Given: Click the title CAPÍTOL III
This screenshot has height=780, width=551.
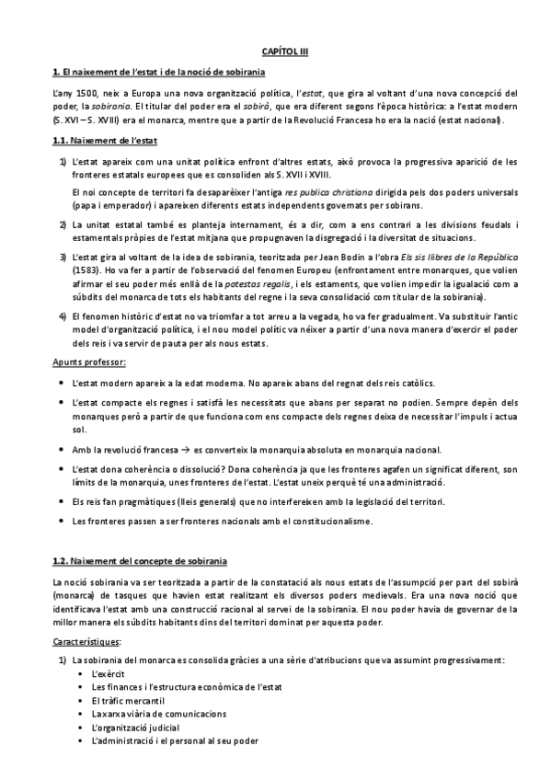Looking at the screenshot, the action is (x=275, y=53).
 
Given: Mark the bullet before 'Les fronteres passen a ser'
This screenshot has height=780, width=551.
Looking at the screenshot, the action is (x=61, y=521).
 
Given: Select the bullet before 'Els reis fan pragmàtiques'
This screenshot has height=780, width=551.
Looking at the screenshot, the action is (x=61, y=501).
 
